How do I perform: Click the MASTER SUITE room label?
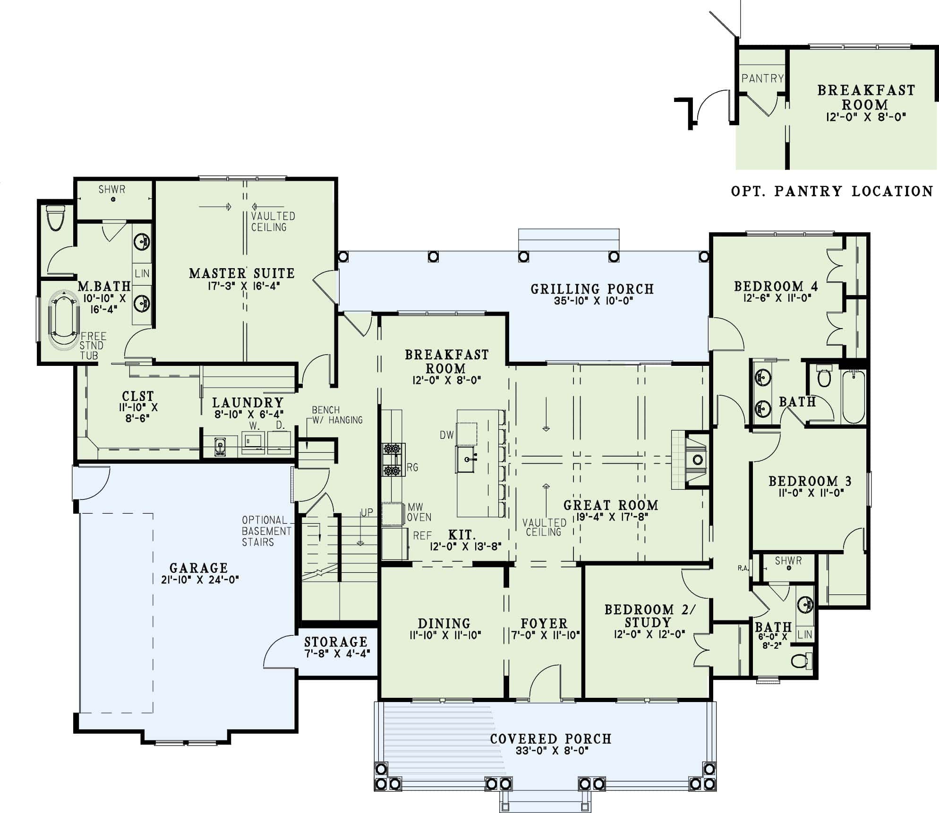pos(241,273)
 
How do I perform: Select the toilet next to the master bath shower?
pos(56,218)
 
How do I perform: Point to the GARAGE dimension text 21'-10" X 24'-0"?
pos(200,580)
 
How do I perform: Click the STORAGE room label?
pos(335,642)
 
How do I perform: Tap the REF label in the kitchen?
pos(422,536)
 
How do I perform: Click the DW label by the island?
pos(446,435)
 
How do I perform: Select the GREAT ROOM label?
pos(610,505)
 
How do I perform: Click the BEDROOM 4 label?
pos(776,286)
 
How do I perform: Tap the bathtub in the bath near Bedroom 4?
pos(854,397)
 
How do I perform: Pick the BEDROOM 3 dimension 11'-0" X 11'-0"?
pos(811,493)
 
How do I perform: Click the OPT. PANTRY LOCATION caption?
pos(832,191)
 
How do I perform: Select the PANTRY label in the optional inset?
pos(762,78)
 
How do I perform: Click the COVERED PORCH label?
pos(550,739)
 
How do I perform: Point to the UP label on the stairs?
pos(367,512)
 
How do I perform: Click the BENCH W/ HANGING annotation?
pos(337,415)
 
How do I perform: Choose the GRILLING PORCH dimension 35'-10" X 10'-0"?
pos(593,301)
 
